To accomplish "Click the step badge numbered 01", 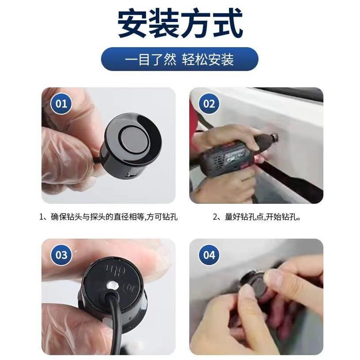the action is (x=61, y=104).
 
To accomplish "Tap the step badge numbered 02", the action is (x=209, y=104).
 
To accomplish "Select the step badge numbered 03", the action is (x=61, y=255).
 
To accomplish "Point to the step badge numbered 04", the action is (x=209, y=255).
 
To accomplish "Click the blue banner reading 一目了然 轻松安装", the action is (x=180, y=59).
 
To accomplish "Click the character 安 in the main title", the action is (x=133, y=23).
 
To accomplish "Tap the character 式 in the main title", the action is (x=227, y=23).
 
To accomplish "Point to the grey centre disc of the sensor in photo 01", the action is (x=132, y=141).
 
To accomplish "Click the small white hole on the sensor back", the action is (x=112, y=285).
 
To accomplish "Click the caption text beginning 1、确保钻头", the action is (x=109, y=217).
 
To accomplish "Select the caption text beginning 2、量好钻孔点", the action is (x=256, y=217).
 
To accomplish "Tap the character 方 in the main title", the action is (x=196, y=23).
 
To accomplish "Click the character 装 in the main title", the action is (x=165, y=23).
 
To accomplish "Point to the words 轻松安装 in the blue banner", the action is (x=208, y=59).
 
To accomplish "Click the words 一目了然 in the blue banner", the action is (x=150, y=59).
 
